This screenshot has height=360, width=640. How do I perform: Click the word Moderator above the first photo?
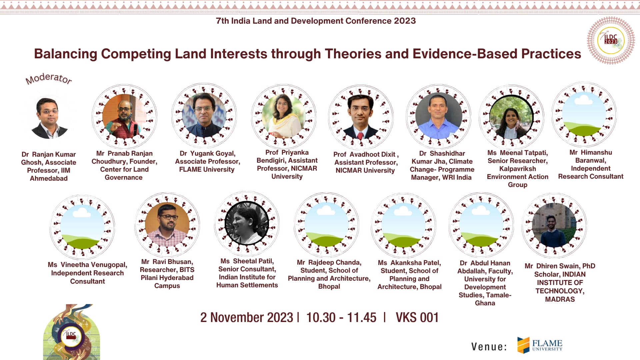[x=49, y=79]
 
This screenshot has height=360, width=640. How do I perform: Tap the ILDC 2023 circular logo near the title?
[x=611, y=40]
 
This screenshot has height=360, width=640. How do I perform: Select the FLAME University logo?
[x=540, y=345]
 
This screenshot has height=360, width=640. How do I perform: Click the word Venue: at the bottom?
[x=489, y=347]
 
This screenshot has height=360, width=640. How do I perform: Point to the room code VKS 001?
[x=417, y=317]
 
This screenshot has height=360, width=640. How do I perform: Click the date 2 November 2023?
[x=247, y=317]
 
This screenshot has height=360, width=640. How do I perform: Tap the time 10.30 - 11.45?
[x=341, y=317]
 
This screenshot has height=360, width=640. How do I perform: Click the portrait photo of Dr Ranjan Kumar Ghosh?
[x=49, y=118]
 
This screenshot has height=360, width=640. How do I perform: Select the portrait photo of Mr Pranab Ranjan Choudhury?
[x=124, y=116]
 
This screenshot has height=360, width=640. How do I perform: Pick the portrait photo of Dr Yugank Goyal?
[x=204, y=115]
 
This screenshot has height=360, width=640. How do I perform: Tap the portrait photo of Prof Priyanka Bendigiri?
[x=284, y=116]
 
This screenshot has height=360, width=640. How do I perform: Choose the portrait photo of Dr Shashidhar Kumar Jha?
[x=438, y=116]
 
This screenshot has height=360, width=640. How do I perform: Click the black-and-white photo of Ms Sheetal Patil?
[x=247, y=223]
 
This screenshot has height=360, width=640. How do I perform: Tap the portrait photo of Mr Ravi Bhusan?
[x=167, y=224]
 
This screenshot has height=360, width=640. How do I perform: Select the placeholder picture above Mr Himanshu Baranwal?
[x=584, y=114]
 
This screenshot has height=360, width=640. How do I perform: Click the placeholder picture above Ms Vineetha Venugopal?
[x=82, y=227]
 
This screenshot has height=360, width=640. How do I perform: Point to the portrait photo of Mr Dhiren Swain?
[x=554, y=225]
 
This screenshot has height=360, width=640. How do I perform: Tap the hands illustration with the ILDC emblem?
[x=71, y=332]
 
